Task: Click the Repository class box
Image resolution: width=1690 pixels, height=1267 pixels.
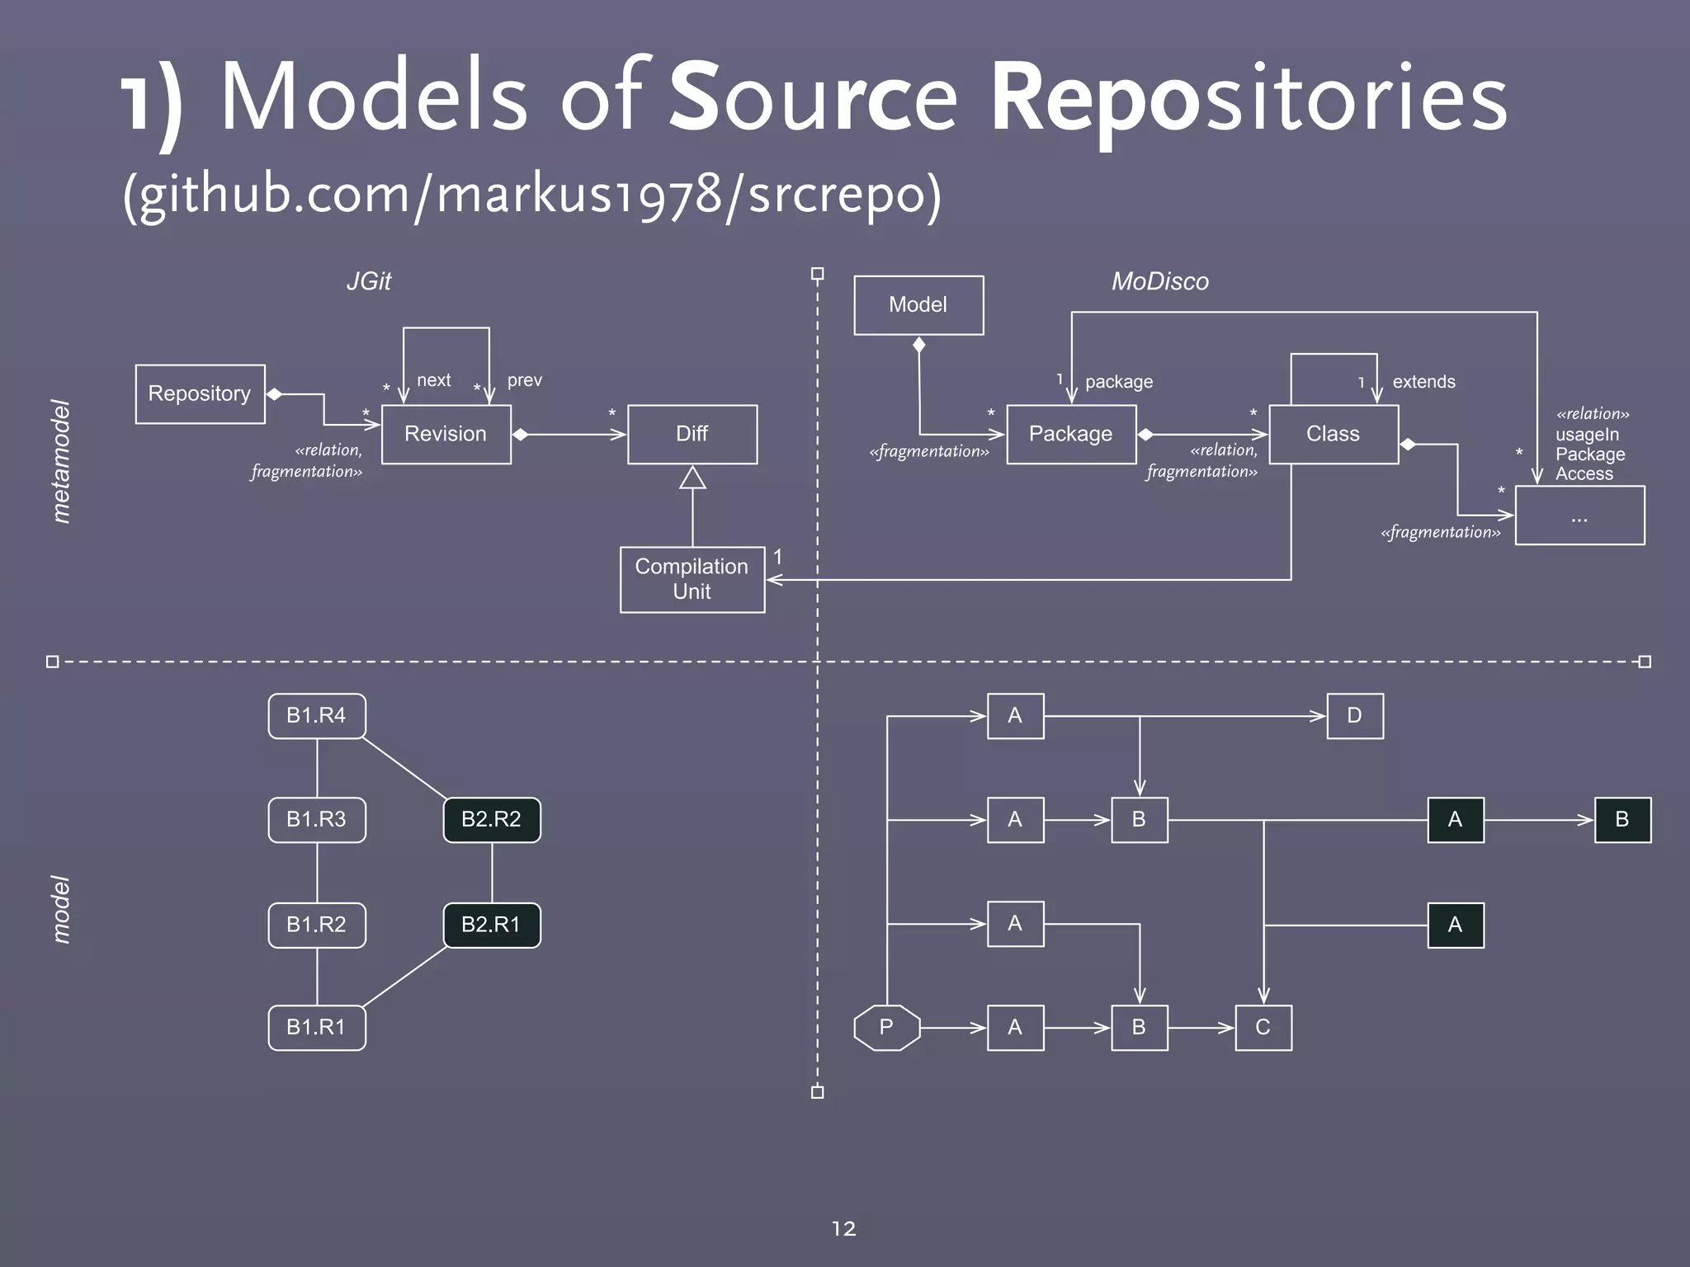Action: pyautogui.click(x=200, y=393)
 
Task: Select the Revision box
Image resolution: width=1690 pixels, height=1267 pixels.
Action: pyautogui.click(x=446, y=434)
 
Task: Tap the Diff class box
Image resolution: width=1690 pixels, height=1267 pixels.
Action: pyautogui.click(x=692, y=434)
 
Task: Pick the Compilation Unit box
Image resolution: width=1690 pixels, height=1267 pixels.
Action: pyautogui.click(x=692, y=579)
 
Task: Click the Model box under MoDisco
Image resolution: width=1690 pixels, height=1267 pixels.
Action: pyautogui.click(x=918, y=304)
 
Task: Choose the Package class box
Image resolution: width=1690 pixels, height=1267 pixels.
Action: pyautogui.click(x=1070, y=434)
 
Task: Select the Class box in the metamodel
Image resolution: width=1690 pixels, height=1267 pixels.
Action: pyautogui.click(x=1333, y=434)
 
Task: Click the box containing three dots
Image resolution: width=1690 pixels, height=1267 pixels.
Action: pyautogui.click(x=1579, y=516)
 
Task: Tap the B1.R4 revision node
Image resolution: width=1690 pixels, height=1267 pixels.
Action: pyautogui.click(x=316, y=716)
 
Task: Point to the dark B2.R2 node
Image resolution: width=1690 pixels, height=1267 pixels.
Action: pyautogui.click(x=492, y=820)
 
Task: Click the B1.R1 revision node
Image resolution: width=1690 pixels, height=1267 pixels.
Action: pyautogui.click(x=316, y=1028)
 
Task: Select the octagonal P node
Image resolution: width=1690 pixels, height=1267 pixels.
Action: pyautogui.click(x=886, y=1028)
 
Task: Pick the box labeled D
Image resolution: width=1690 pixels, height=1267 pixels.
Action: pyautogui.click(x=1354, y=716)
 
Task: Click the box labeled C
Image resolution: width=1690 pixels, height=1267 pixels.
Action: pyautogui.click(x=1263, y=1028)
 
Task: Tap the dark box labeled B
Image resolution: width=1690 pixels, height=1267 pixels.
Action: pyautogui.click(x=1622, y=820)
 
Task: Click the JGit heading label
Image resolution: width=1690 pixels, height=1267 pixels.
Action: pyautogui.click(x=368, y=281)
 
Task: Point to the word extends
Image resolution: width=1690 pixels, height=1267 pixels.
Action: pyautogui.click(x=1423, y=382)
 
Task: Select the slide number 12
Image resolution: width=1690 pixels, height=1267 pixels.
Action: pyautogui.click(x=843, y=1229)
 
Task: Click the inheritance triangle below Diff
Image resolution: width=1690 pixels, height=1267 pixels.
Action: pyautogui.click(x=692, y=478)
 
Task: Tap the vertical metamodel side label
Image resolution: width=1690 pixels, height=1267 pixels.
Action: pyautogui.click(x=61, y=462)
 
